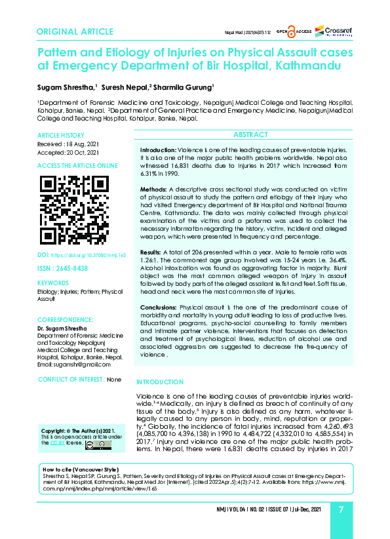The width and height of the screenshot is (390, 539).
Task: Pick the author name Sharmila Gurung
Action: (x=184, y=87)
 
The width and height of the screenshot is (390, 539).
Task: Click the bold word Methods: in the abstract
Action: (x=155, y=189)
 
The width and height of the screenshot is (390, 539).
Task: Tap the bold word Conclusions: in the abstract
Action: (x=159, y=307)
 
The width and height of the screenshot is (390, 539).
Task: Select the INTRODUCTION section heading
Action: (x=159, y=382)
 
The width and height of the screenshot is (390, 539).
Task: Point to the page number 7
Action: (x=341, y=509)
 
